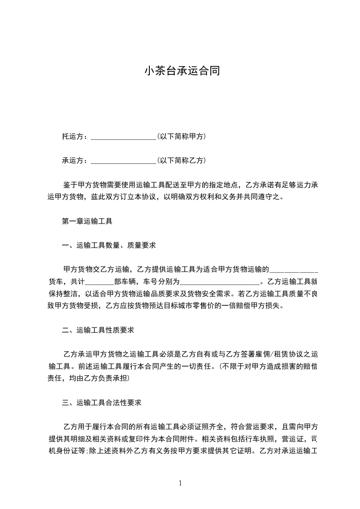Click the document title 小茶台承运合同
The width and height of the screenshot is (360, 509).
182,71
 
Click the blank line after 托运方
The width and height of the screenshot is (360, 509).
123,137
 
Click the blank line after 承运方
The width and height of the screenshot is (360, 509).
123,160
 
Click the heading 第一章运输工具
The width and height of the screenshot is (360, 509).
87,222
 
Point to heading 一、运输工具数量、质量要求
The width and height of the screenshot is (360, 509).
109,245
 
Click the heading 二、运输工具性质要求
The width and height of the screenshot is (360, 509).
98,330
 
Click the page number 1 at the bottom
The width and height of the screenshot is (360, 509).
180,484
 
